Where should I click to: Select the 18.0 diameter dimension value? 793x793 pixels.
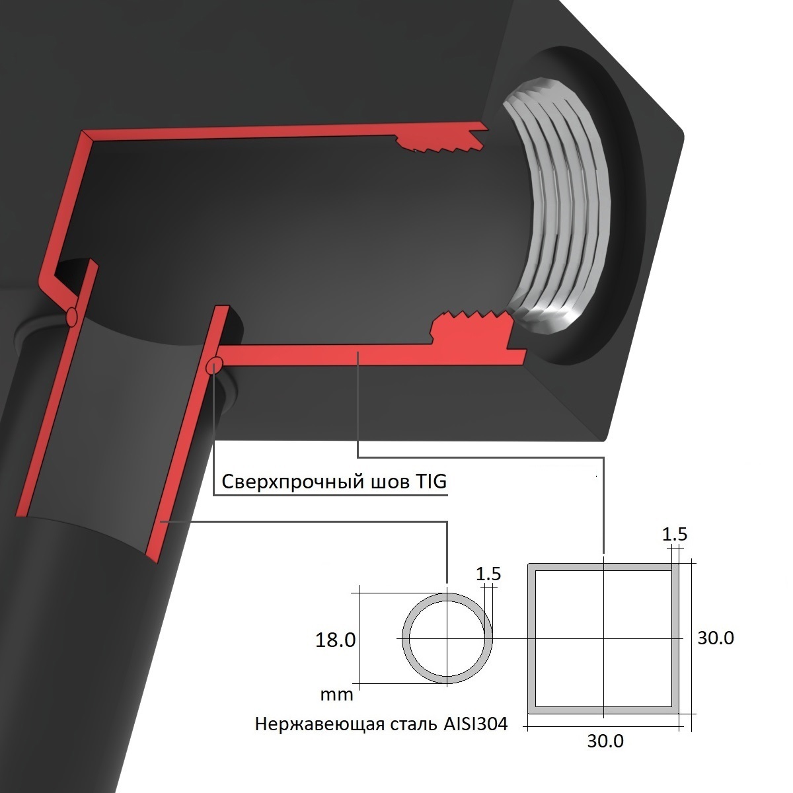pos(336,640)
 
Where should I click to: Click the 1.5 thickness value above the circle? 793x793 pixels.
pos(488,574)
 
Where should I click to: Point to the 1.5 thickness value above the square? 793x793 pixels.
pos(674,534)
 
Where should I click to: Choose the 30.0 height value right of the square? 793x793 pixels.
pos(716,638)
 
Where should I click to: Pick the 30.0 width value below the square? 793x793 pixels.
pos(605,741)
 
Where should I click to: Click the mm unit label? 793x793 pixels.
pos(336,695)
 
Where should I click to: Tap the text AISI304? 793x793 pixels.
pos(472,724)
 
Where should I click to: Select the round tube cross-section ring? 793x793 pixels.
pos(406,638)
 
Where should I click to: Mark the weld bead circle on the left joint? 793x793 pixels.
pos(72,317)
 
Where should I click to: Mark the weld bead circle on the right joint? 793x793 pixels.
pos(213,364)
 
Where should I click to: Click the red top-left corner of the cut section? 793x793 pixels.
pos(85,136)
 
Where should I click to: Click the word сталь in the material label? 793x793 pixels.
pos(411,725)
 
